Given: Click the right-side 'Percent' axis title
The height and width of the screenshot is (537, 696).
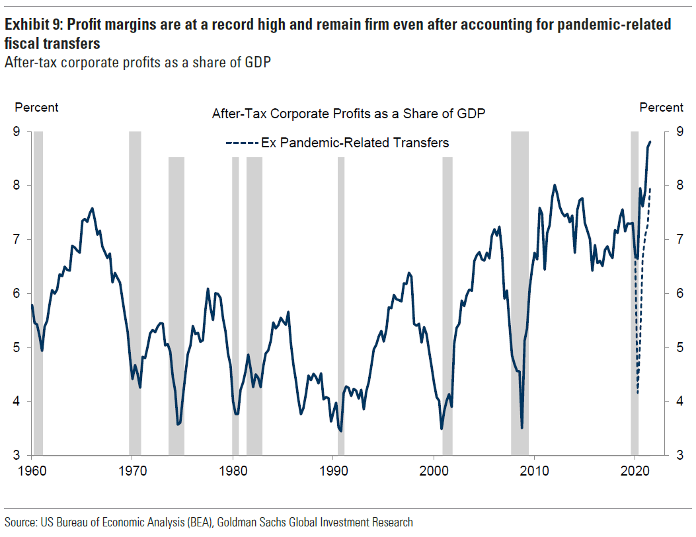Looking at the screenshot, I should click(x=661, y=108).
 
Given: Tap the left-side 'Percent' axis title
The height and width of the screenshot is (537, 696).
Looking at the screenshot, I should click(x=36, y=108).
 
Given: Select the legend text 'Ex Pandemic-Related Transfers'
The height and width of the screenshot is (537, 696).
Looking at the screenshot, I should click(x=355, y=143).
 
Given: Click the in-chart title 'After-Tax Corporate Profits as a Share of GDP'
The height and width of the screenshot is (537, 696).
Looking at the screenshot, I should click(x=348, y=114).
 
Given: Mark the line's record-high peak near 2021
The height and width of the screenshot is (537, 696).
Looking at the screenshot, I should click(x=650, y=141).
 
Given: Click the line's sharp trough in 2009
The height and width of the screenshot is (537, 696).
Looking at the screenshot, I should click(x=522, y=428).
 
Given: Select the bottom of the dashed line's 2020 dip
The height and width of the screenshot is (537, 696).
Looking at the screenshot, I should click(x=638, y=394).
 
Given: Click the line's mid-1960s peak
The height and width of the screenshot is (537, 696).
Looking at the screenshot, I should click(x=92, y=208).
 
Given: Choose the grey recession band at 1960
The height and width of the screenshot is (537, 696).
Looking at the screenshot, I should click(x=38, y=293).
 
